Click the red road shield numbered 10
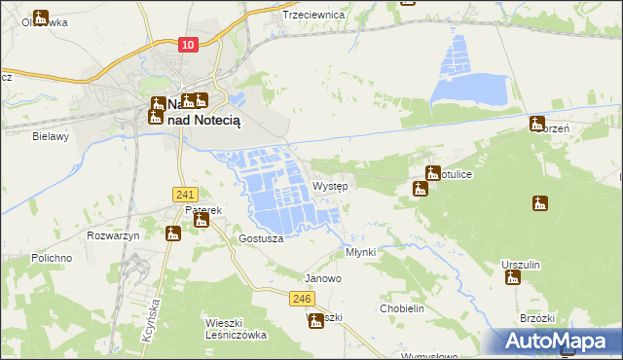[189, 45]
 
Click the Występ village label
[331, 186]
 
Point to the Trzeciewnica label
[314, 15]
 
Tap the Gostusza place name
[261, 238]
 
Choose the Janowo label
[323, 278]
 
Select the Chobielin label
[402, 308]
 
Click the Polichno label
[52, 258]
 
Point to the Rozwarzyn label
[114, 236]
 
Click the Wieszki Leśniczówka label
[236, 328]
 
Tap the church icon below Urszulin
[513, 278]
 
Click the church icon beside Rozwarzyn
[172, 234]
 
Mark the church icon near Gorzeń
[536, 124]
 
